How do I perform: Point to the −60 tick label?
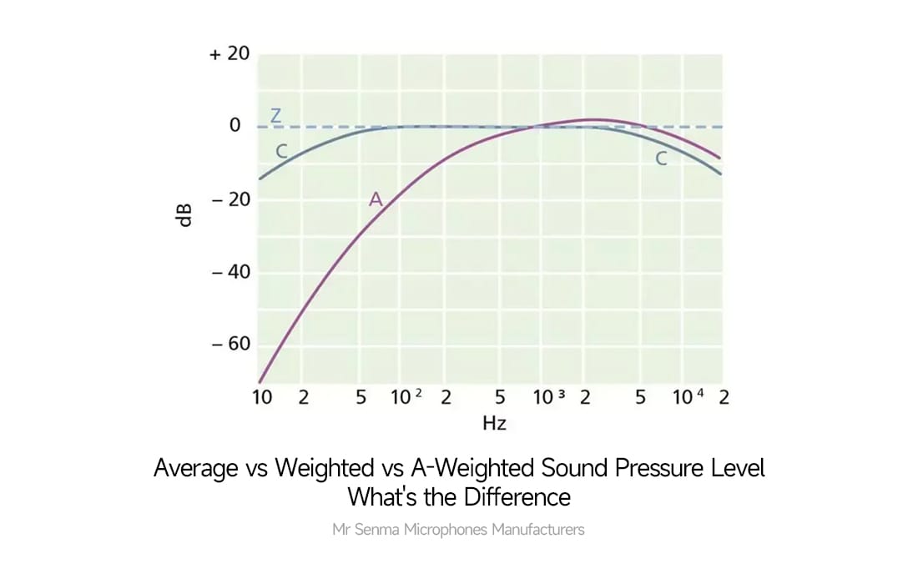click(x=230, y=345)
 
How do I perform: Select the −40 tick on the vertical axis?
click(x=230, y=272)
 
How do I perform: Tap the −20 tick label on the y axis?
click(x=230, y=199)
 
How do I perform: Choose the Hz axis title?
click(x=494, y=423)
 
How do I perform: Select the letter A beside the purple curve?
click(x=376, y=199)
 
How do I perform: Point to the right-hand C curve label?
click(x=661, y=159)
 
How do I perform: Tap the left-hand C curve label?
click(x=282, y=152)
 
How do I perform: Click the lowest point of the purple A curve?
click(x=260, y=381)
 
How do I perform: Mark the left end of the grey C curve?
click(x=260, y=179)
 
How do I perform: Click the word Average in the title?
click(x=195, y=469)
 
